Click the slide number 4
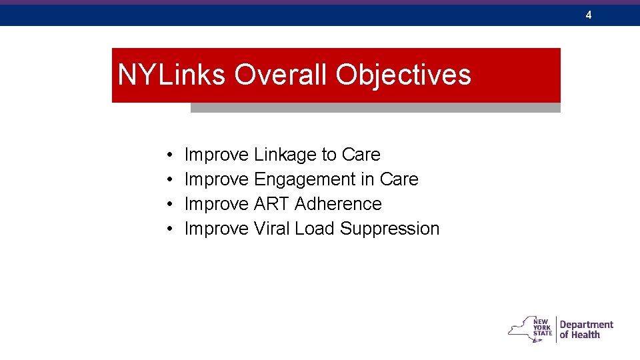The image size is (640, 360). pos(589,15)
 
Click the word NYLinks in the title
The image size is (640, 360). pos(172,75)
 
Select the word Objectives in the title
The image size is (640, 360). pos(403,75)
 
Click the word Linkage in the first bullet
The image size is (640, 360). pos(285,155)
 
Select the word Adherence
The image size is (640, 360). pos(338,204)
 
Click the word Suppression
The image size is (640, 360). pos(389,229)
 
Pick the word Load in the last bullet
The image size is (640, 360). pos(315,229)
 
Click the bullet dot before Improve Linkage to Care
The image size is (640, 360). pos(171,155)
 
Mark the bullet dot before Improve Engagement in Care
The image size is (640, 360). pos(171,180)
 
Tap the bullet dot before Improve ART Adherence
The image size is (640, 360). pos(171,205)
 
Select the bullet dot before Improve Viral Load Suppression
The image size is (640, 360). pos(171,229)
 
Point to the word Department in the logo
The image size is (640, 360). pos(586,324)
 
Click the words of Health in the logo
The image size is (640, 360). pos(579,335)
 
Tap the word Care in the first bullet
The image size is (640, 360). pos(361,155)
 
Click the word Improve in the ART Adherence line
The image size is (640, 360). pos(217,204)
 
